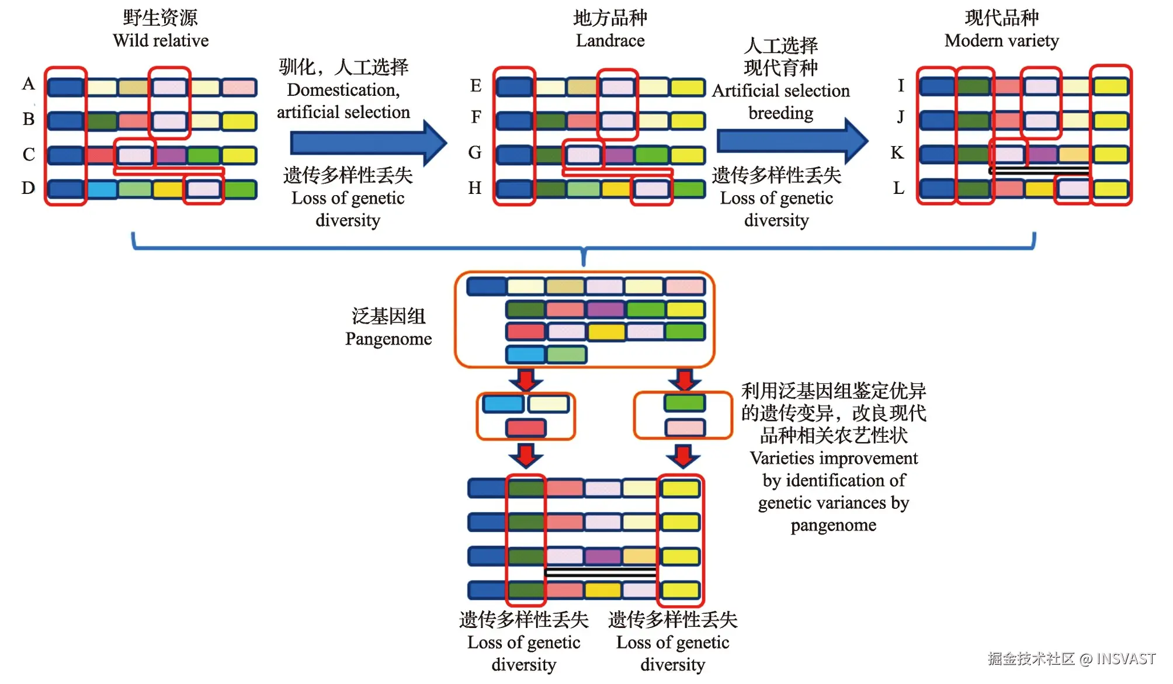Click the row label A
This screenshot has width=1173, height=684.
coord(28,84)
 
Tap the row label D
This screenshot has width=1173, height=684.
coord(28,188)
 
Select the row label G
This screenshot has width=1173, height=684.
coord(475,153)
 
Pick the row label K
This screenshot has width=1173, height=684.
coord(897,153)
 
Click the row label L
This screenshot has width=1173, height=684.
coord(898,188)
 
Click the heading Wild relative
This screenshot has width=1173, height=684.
coord(161,41)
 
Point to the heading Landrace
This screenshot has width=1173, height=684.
coord(610,41)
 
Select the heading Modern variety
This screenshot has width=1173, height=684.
coord(1001,41)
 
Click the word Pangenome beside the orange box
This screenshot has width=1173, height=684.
coord(388,339)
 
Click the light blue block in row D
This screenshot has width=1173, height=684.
coord(102,189)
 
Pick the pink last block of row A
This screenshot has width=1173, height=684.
coord(239,88)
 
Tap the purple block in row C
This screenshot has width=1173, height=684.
coord(170,155)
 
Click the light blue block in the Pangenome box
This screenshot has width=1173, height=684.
coord(525,354)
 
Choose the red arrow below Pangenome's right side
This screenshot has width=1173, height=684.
coord(684,380)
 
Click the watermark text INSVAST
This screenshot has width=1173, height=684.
coord(1126,659)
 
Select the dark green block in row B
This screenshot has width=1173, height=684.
coord(102,121)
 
